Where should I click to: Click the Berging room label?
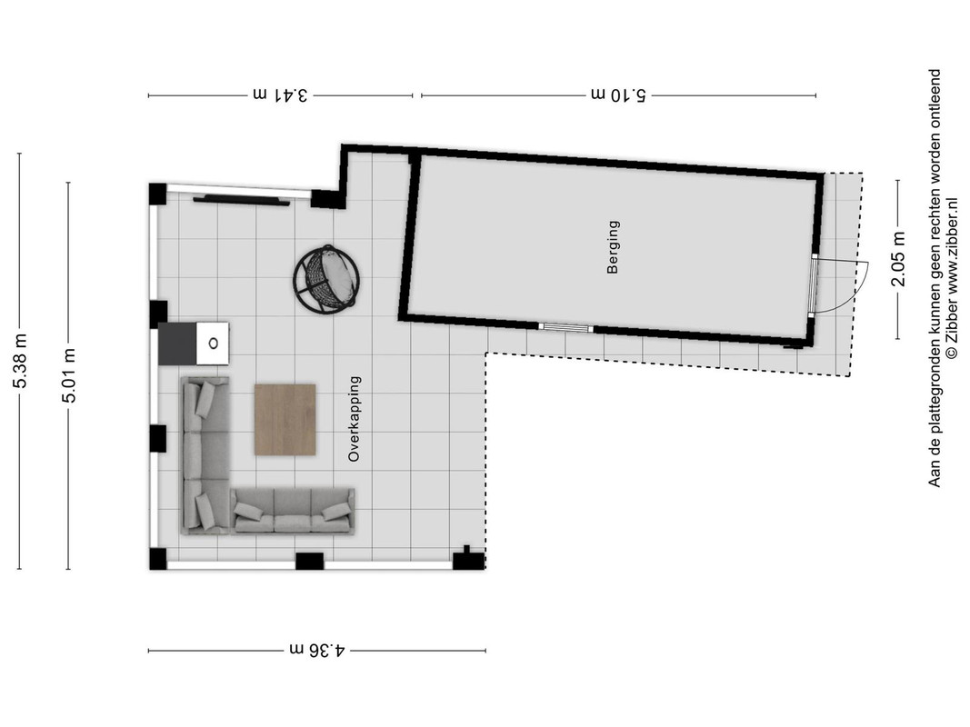pos(613,246)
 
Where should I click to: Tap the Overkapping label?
pos(354,419)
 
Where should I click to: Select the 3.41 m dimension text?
pos(281,95)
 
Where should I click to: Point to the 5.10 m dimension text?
pos(618,95)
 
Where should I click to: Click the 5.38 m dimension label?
pos(20,361)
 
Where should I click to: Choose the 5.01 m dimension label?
pos(69,375)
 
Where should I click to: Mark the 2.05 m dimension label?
pos(898,259)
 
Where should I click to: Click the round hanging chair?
pos(326,279)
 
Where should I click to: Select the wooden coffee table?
pos(285,420)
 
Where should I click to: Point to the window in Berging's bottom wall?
pos(565,328)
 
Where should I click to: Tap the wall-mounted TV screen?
pos(241,199)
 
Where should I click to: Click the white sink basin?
pos(213,344)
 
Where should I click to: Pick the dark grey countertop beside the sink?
pos(177,344)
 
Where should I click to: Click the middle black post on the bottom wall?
pos(309,561)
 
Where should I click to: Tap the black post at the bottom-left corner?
pos(158,559)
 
